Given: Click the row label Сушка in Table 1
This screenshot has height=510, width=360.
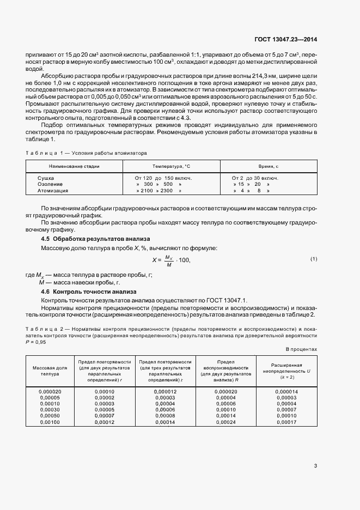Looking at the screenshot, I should pyautogui.click(x=46, y=178).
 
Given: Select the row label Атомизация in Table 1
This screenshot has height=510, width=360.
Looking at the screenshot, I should pyautogui.click(x=53, y=191).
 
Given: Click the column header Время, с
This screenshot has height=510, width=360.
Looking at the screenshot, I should pyautogui.click(x=268, y=166).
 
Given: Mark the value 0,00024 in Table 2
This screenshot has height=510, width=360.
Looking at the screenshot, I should pyautogui.click(x=225, y=422).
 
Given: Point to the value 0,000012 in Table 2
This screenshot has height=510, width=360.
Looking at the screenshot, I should pyautogui.click(x=165, y=391).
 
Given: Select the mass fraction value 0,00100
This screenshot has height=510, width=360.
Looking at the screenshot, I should pyautogui.click(x=50, y=422).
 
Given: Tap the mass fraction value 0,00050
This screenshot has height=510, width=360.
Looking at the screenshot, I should pyautogui.click(x=50, y=416).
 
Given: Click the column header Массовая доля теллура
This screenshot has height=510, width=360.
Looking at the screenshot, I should pyautogui.click(x=50, y=371).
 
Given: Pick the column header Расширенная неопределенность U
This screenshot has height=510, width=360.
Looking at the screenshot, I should pyautogui.click(x=286, y=371).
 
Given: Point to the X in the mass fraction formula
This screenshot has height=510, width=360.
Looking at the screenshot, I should pyautogui.click(x=154, y=260).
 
